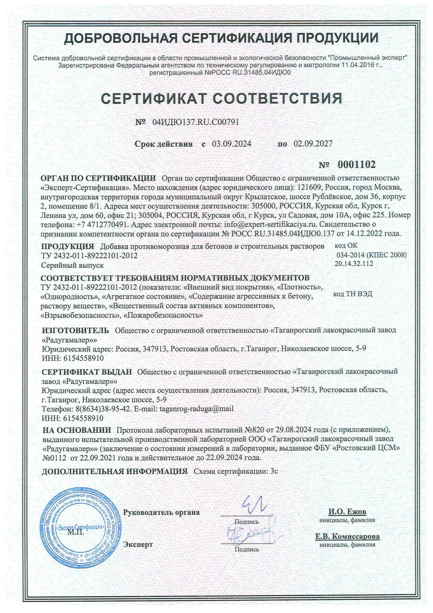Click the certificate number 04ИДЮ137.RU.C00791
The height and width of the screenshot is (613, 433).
pyautogui.click(x=196, y=122)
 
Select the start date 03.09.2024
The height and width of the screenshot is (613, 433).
pyautogui.click(x=232, y=144)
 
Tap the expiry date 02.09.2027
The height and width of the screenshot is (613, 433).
pyautogui.click(x=313, y=144)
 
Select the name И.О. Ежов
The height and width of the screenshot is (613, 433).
pyautogui.click(x=347, y=512)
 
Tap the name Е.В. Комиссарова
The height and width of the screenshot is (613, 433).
pyautogui.click(x=347, y=536)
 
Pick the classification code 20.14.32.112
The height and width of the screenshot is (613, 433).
pyautogui.click(x=354, y=264)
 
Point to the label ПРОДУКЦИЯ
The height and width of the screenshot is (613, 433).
pyautogui.click(x=67, y=246)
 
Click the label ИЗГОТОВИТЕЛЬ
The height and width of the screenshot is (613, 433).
pyautogui.click(x=75, y=330)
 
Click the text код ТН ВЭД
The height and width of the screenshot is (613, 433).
pyautogui.click(x=353, y=294)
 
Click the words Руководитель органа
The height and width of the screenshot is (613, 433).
pyautogui.click(x=162, y=512)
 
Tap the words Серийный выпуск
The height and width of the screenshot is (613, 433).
pyautogui.click(x=72, y=265)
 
